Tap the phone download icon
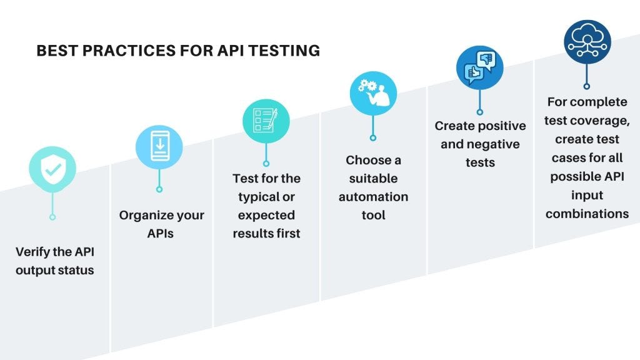159,147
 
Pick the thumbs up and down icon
479,67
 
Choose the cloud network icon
587,42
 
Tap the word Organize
142,216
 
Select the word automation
373,197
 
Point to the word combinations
587,214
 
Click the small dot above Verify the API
52,217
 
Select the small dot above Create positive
480,112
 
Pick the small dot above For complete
587,86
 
